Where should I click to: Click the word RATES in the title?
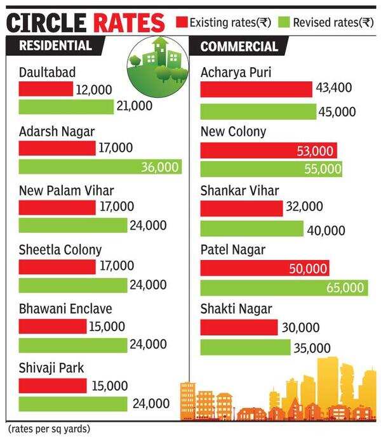coord(128,23)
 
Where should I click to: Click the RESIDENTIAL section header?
coord(55,46)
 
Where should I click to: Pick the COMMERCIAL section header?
coord(239,47)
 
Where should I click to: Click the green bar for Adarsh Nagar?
coord(100,167)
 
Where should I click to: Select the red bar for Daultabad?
coord(46,89)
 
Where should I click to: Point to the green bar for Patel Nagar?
coord(284,287)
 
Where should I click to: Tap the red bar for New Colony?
coord(269,150)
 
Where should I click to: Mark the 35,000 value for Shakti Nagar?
coord(312,348)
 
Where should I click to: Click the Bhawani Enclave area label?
coord(65,309)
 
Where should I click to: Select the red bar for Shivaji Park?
coord(52,386)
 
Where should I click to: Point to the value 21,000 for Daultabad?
coord(134,106)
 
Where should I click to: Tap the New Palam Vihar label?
coord(67,190)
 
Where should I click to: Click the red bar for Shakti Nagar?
coord(239,327)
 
